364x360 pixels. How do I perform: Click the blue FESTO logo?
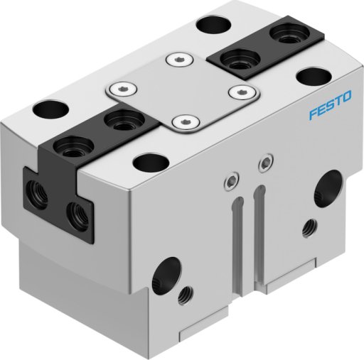[330, 104]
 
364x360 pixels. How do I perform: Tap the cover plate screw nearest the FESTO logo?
[243, 92]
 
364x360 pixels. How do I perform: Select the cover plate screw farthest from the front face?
[180, 60]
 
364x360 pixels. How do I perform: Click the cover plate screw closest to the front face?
[186, 123]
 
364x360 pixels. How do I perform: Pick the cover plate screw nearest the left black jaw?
[123, 89]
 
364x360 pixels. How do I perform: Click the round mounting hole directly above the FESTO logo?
[314, 77]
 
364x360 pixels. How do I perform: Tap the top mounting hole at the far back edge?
[214, 24]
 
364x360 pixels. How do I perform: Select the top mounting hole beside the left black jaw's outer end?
[50, 109]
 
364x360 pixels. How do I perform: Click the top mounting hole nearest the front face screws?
[151, 163]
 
